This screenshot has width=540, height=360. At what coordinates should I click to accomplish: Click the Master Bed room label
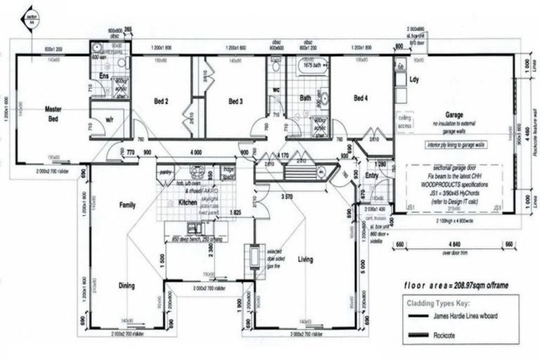(x=54, y=113)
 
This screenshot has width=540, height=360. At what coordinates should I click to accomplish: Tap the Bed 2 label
(x=161, y=101)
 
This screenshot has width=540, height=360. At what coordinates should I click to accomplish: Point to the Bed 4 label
(x=361, y=98)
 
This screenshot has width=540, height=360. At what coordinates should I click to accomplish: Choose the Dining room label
(x=127, y=285)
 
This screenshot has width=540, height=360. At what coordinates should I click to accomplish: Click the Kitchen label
(x=187, y=202)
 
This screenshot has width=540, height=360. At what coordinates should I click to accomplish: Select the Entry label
(x=372, y=176)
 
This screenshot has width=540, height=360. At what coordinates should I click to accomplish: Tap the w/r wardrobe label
(x=110, y=120)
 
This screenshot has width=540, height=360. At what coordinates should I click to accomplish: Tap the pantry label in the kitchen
(x=167, y=171)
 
